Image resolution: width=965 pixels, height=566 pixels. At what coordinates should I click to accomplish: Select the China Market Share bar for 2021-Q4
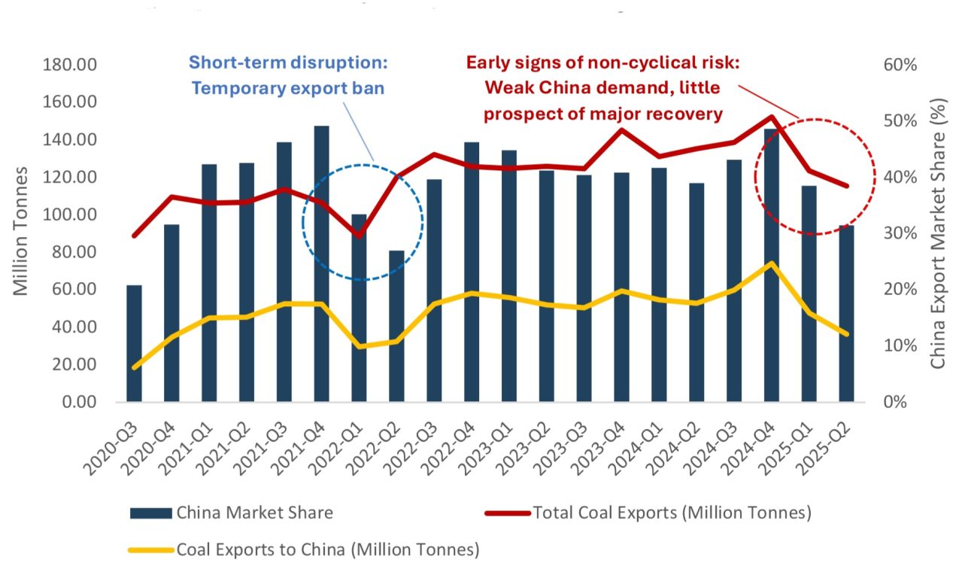[321, 263]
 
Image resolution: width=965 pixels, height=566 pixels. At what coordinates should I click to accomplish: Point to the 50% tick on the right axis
[901, 121]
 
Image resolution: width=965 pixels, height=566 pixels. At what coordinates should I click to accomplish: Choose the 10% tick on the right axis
[901, 345]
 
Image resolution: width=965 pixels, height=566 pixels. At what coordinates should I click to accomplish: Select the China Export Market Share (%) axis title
[938, 233]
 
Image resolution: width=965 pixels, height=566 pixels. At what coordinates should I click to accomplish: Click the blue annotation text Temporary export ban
[288, 88]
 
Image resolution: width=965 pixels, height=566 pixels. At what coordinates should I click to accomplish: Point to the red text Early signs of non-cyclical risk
[603, 62]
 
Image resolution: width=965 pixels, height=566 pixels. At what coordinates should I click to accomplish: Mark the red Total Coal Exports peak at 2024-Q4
[772, 117]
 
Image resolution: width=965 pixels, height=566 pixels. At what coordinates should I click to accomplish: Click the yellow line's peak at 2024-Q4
[772, 263]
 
